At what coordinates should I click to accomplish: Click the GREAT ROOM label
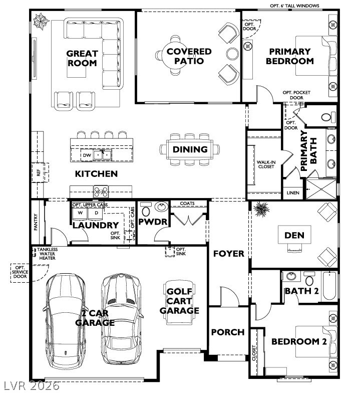82,58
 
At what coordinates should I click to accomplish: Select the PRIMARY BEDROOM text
289,56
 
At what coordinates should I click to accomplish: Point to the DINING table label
190,149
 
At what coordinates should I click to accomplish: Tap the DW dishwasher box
87,155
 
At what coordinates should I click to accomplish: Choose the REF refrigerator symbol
38,172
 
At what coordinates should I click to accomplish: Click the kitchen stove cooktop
101,190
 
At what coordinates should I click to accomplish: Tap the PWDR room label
152,222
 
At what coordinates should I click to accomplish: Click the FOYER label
228,254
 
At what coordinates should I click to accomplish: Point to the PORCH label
227,332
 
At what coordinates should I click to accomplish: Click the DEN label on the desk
294,235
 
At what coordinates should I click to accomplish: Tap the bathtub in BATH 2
330,286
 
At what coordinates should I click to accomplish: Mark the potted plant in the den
260,210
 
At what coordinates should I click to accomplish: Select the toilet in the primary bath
326,117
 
